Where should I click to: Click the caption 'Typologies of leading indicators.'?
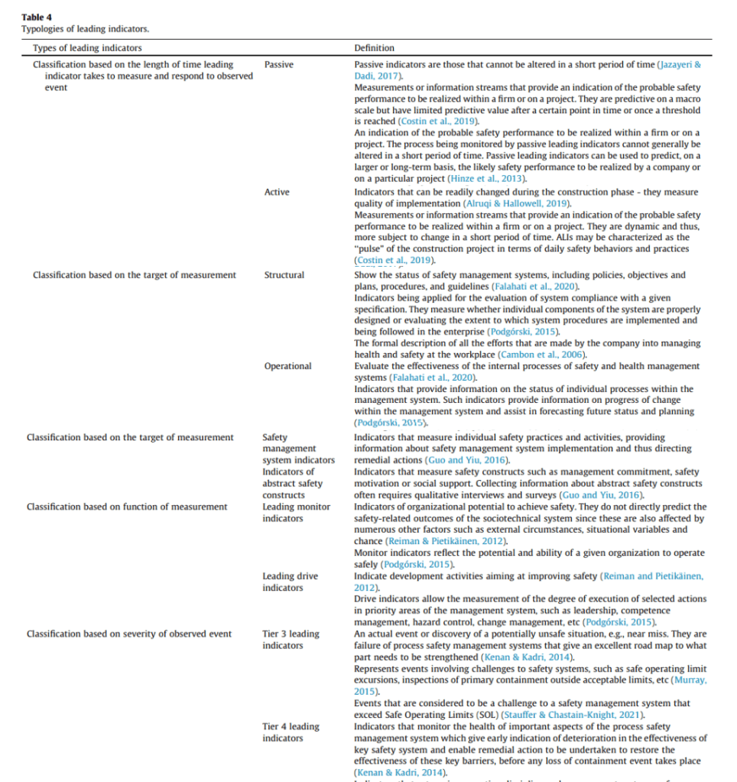85,29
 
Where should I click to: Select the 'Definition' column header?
375,48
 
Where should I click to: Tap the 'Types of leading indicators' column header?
87,48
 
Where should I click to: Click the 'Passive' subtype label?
279,65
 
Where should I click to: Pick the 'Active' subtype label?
277,192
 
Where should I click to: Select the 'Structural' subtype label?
284,274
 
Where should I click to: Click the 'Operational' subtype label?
288,366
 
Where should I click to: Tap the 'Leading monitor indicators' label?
297,512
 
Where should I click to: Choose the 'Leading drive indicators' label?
291,582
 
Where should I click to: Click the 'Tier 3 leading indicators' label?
291,640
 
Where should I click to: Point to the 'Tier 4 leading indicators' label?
291,732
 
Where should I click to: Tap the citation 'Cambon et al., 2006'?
542,355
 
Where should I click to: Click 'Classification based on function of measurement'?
127,507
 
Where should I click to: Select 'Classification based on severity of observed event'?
129,634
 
